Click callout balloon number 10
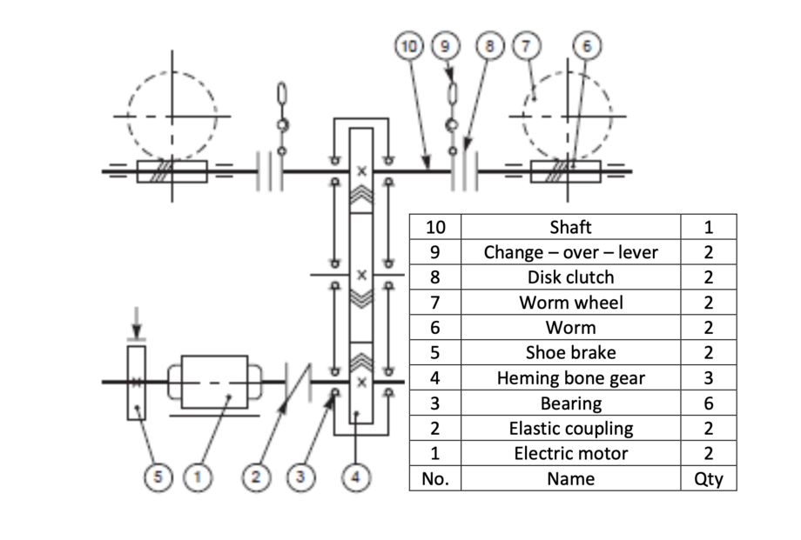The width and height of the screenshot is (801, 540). pyautogui.click(x=408, y=46)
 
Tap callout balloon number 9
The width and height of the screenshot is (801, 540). pyautogui.click(x=447, y=46)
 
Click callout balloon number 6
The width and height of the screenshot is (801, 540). pyautogui.click(x=586, y=46)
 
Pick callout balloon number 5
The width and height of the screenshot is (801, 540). pyautogui.click(x=155, y=476)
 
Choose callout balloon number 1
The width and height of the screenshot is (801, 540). pyautogui.click(x=199, y=476)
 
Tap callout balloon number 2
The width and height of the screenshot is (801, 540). pyautogui.click(x=256, y=476)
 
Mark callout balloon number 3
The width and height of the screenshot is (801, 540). pyautogui.click(x=300, y=476)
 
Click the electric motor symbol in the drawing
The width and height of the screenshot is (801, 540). pyautogui.click(x=214, y=381)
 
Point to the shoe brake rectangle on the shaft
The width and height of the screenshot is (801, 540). pyautogui.click(x=137, y=383)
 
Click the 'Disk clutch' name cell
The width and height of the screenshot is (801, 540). pyautogui.click(x=570, y=277)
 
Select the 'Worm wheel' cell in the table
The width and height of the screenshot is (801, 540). pyautogui.click(x=570, y=303)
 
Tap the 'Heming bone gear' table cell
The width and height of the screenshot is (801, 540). pyautogui.click(x=570, y=378)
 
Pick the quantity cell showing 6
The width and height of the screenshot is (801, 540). pyautogui.click(x=708, y=403)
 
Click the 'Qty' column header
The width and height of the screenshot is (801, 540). pyautogui.click(x=708, y=478)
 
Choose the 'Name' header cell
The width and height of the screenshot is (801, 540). pyautogui.click(x=570, y=478)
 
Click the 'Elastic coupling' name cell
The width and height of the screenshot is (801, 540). pyautogui.click(x=570, y=429)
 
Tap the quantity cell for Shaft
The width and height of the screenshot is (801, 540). pyautogui.click(x=708, y=227)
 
